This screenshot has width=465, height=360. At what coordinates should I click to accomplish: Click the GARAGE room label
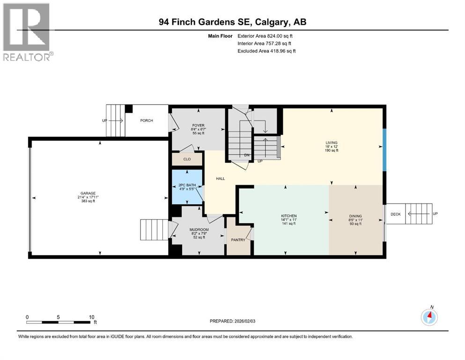(x=88, y=193)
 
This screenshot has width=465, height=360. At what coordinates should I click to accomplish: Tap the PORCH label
(x=147, y=120)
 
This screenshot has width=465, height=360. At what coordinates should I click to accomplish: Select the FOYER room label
(x=199, y=126)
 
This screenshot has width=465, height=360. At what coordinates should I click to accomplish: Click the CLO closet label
(x=187, y=159)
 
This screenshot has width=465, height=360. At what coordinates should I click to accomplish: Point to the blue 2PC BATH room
(x=187, y=187)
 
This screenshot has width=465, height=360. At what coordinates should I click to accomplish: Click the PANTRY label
(x=238, y=240)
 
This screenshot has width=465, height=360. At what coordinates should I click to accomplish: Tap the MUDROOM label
(x=199, y=230)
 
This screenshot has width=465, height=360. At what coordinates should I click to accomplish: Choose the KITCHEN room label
(x=289, y=216)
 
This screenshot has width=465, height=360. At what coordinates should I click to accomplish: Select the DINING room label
(x=355, y=216)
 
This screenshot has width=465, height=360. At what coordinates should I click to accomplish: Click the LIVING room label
(x=332, y=143)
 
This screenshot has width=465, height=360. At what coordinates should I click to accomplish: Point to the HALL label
(x=221, y=179)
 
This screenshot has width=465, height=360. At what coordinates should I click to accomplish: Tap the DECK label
(x=396, y=214)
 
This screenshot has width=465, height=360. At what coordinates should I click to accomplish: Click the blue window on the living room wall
(x=384, y=150)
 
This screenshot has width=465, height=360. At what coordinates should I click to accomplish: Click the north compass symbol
(x=429, y=316)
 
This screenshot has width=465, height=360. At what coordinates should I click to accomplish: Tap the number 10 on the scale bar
(x=91, y=317)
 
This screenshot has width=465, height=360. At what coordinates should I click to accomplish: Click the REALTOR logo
(x=27, y=32)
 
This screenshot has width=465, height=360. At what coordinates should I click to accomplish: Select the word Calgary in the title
(x=272, y=22)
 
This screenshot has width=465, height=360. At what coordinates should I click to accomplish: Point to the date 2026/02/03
(x=244, y=321)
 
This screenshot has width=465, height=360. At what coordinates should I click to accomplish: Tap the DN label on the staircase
(x=247, y=155)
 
